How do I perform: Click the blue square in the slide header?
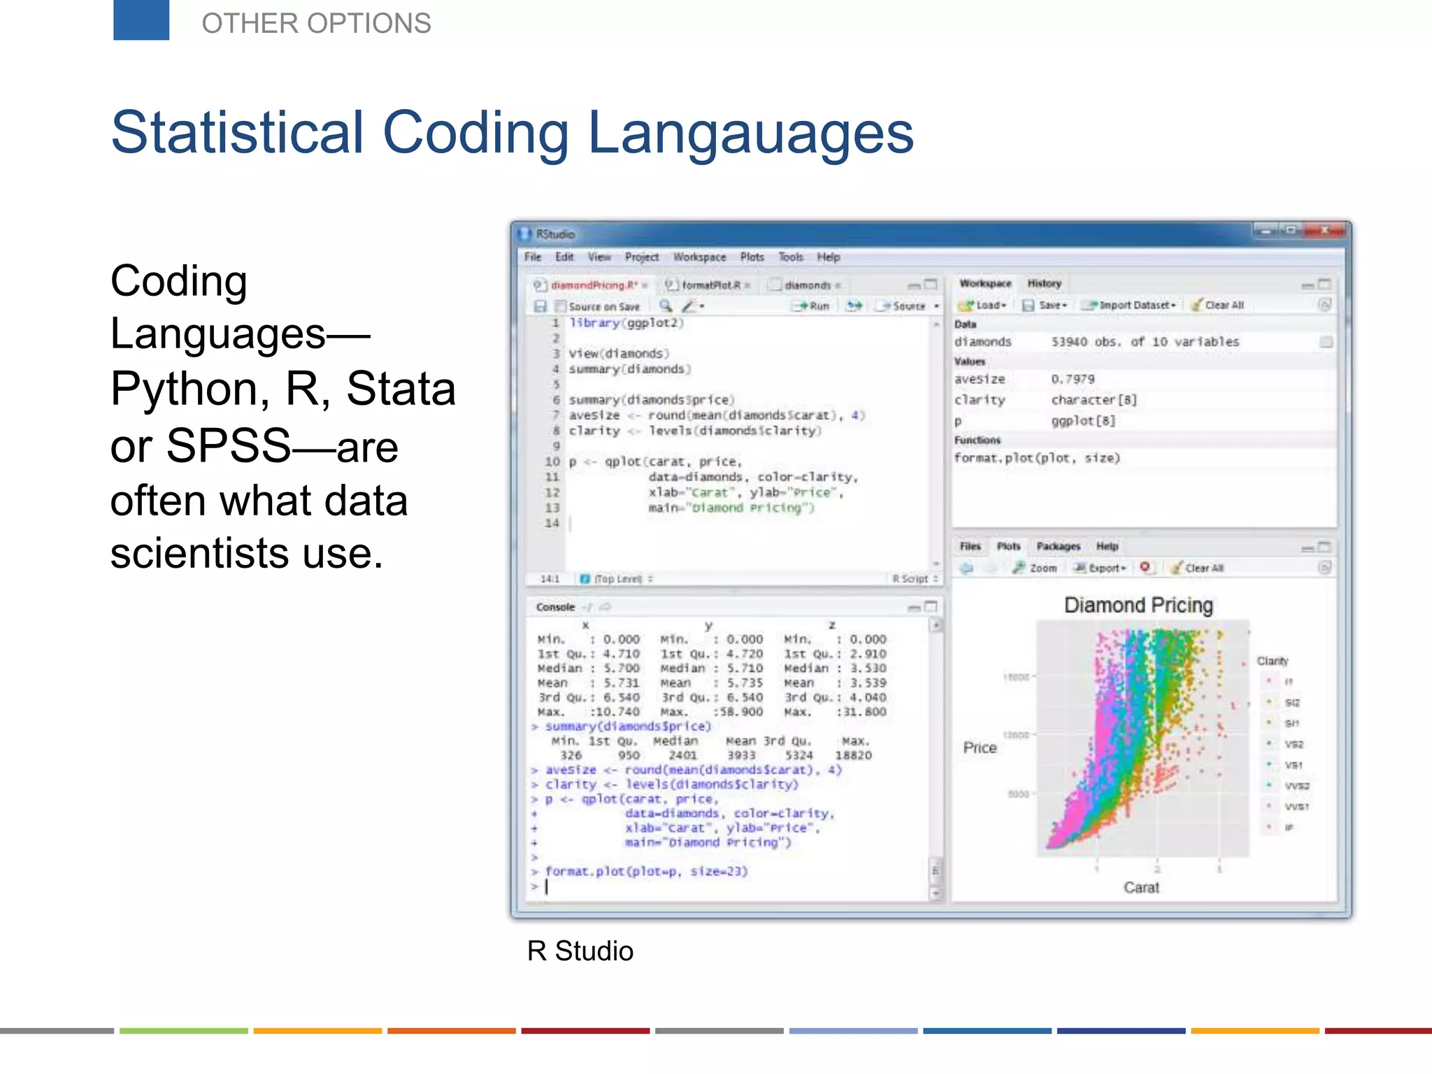(x=141, y=20)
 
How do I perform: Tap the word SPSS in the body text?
(x=228, y=445)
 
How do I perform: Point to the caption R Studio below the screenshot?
(x=580, y=951)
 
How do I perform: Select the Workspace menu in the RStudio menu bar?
(x=699, y=257)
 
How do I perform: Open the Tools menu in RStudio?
(x=791, y=257)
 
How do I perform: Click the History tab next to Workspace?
(x=1044, y=283)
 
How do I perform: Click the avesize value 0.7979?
(x=1073, y=379)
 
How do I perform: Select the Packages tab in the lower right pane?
(x=1058, y=546)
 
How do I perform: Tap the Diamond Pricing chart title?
(x=1138, y=606)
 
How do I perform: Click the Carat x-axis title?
(x=1141, y=887)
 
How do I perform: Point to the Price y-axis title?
(x=980, y=747)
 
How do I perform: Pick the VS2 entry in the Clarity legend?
(x=1293, y=745)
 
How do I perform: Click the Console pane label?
(x=555, y=607)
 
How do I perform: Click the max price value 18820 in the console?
(x=853, y=755)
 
